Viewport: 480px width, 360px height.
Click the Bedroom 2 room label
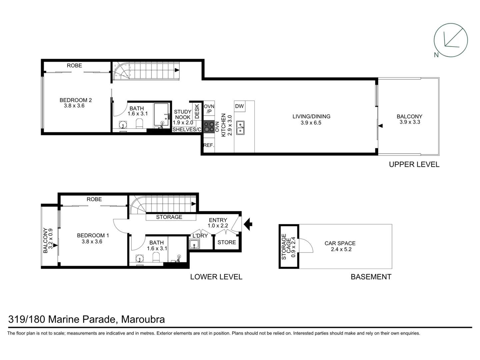click(76, 100)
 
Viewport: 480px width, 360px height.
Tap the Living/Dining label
click(311, 116)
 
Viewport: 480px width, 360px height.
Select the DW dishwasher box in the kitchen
click(239, 106)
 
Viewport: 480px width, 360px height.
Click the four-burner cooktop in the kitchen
click(209, 127)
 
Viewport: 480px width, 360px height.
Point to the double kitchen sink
click(240, 128)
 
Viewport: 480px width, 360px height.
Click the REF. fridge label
click(209, 145)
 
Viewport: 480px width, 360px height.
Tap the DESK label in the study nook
click(197, 111)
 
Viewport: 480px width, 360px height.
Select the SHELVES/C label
click(187, 129)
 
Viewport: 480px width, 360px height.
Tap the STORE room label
click(227, 242)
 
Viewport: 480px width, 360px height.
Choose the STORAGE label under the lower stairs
click(169, 217)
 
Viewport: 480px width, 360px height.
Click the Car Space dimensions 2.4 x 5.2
click(341, 249)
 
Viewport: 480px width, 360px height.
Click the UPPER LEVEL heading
click(414, 164)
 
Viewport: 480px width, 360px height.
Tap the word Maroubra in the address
click(143, 319)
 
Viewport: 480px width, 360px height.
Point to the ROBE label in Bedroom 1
click(94, 199)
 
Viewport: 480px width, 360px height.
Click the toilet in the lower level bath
click(156, 257)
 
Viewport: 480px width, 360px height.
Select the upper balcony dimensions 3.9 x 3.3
click(410, 122)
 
